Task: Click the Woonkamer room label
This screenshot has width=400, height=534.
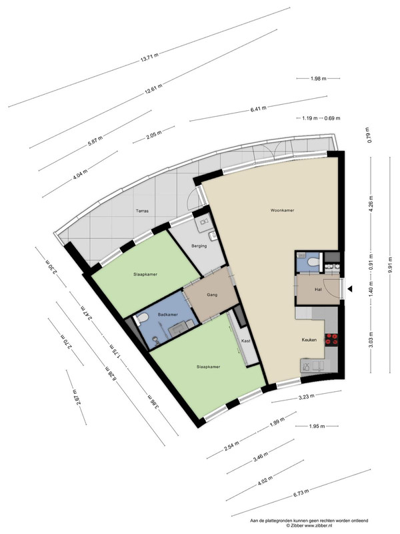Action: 282,210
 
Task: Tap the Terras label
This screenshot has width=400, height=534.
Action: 142,211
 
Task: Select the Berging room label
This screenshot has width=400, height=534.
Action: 199,246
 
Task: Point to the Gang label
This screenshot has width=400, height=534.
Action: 212,295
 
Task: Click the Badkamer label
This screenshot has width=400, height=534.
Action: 168,314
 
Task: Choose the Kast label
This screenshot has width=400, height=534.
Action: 245,341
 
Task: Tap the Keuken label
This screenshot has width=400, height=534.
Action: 309,340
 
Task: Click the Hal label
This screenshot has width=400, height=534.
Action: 319,290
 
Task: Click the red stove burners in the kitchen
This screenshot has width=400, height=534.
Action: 332,339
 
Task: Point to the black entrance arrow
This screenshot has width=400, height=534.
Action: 349,289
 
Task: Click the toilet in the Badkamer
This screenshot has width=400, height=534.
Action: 142,318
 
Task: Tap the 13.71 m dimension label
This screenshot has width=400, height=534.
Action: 149,57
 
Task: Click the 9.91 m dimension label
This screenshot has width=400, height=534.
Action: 390,264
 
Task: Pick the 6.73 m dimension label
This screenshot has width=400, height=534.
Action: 301,493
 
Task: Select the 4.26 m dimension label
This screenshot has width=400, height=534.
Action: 371,204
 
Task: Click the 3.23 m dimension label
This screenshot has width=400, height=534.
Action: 307,396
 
